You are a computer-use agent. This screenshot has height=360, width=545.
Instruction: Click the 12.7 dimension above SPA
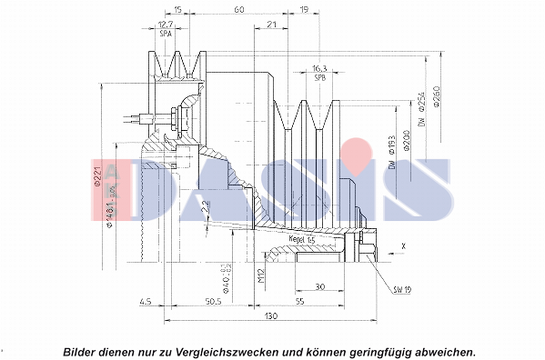coord(166,25)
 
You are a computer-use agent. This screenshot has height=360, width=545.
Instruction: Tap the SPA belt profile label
coord(166,34)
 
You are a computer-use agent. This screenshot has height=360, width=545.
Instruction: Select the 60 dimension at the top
coord(238,9)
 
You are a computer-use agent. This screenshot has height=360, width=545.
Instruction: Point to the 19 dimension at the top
coord(302,9)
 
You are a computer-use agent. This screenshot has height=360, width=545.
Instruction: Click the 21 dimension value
coord(271,25)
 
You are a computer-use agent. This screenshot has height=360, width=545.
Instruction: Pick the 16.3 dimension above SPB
coord(319,68)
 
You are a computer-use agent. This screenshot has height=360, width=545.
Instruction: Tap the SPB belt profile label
coord(319,77)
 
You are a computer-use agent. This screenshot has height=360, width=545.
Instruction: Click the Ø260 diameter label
coord(437,98)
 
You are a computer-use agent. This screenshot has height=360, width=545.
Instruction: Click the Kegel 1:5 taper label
coord(301,238)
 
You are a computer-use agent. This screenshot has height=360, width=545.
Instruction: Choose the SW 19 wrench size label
coord(401,290)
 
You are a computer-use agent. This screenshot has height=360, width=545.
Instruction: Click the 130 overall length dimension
coord(271,315)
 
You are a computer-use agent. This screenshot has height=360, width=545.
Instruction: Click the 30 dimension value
coord(319,287)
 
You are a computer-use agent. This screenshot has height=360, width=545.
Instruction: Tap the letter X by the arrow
coord(403,245)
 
